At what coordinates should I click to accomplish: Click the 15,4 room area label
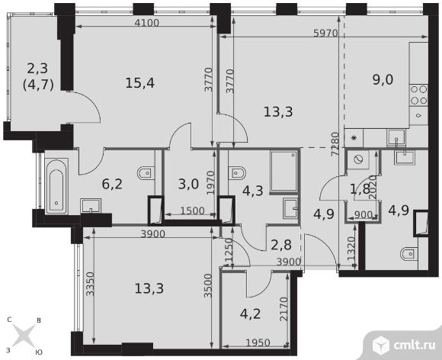click(139, 83)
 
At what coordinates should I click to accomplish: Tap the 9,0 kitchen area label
click(383, 80)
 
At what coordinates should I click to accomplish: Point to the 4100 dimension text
click(147, 23)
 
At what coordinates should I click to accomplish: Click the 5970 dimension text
click(325, 34)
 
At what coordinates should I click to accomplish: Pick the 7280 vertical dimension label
click(335, 144)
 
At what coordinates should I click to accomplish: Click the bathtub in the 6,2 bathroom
click(56, 186)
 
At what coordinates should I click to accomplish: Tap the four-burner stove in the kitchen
click(418, 95)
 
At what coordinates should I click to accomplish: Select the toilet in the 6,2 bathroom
click(146, 173)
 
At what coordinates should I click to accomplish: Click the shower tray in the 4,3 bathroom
click(283, 172)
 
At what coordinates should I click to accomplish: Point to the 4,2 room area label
click(250, 313)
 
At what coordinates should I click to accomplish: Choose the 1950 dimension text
click(258, 342)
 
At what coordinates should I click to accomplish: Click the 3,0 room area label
click(188, 184)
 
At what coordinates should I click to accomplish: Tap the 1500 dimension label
click(192, 211)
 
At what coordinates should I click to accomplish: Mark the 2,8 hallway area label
click(281, 245)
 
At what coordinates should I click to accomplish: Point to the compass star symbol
click(24, 336)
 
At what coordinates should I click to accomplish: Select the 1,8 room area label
click(360, 189)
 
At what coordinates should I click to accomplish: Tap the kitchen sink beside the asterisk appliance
click(396, 138)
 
